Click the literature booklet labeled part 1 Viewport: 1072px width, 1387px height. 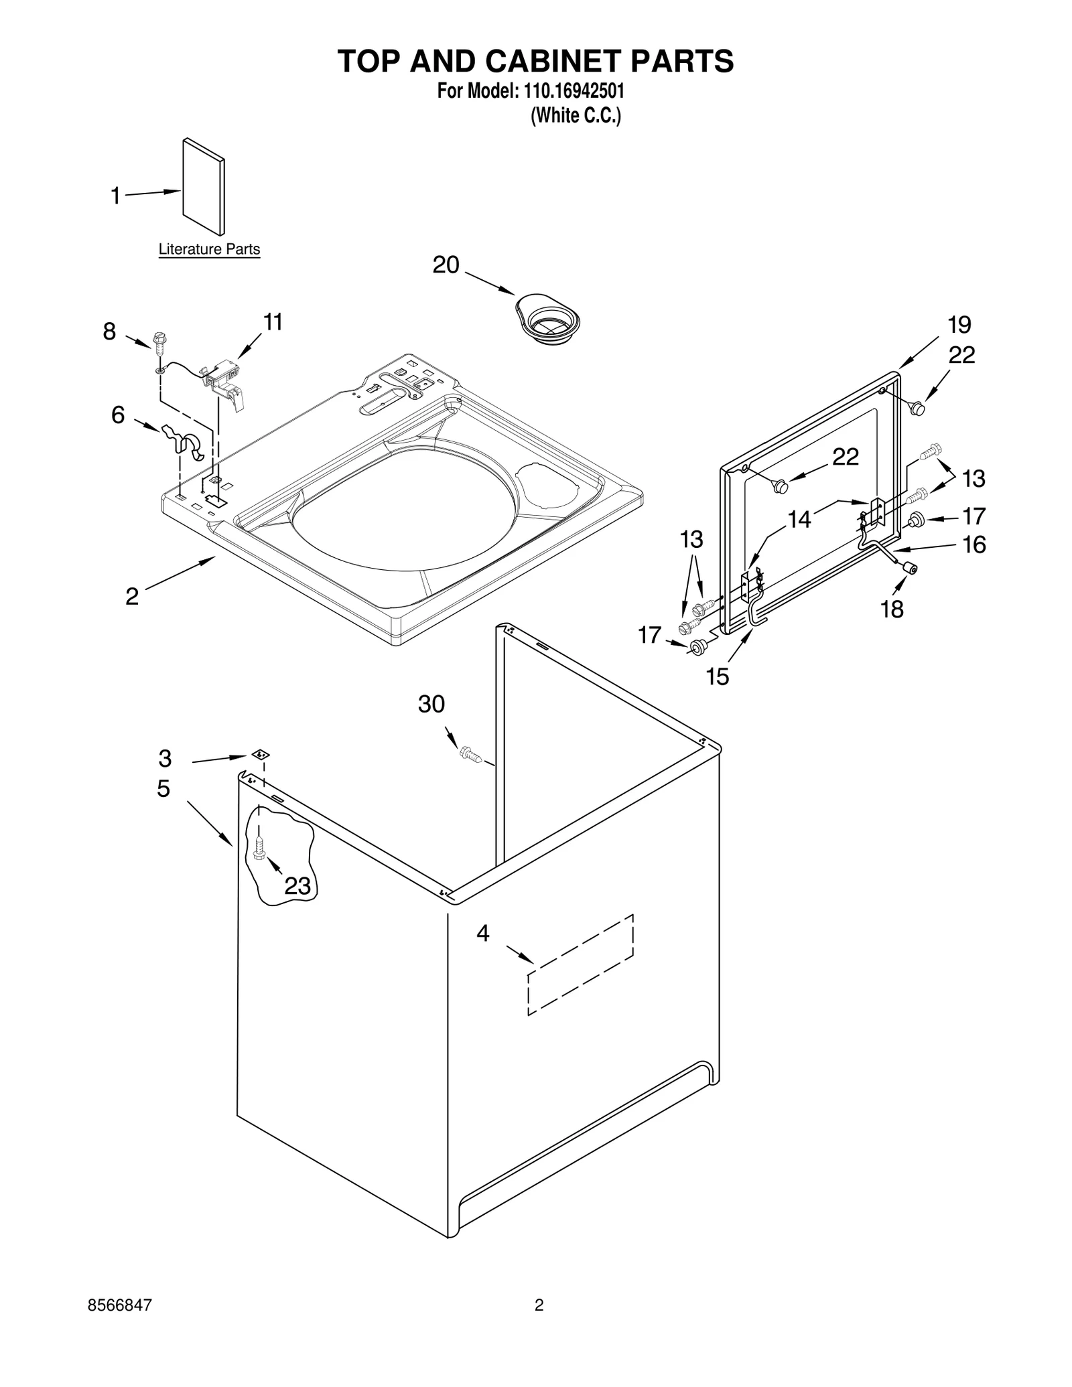pyautogui.click(x=203, y=187)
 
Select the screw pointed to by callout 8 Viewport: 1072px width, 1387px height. pyautogui.click(x=159, y=344)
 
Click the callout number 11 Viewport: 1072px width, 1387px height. pyautogui.click(x=272, y=322)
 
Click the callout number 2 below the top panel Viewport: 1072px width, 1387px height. pyautogui.click(x=132, y=595)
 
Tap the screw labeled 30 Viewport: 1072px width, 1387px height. pyautogui.click(x=471, y=755)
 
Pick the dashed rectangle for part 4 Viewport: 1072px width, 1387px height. pyautogui.click(x=580, y=964)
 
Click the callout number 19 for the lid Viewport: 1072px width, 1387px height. pyautogui.click(x=959, y=325)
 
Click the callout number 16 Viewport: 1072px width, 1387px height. pyautogui.click(x=974, y=544)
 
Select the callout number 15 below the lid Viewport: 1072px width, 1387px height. pyautogui.click(x=717, y=676)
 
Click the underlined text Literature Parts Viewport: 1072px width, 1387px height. pyautogui.click(x=209, y=249)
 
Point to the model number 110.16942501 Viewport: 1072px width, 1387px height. pyautogui.click(x=572, y=90)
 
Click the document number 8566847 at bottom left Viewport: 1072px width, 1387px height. pyautogui.click(x=120, y=1305)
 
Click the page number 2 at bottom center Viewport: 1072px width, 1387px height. pyautogui.click(x=539, y=1305)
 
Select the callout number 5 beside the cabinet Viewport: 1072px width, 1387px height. pyautogui.click(x=163, y=788)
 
